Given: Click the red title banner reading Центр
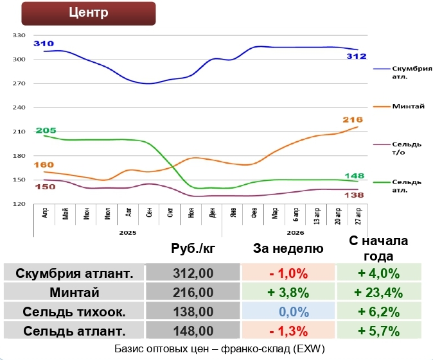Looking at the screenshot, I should click(89, 13).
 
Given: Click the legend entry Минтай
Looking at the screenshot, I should click(408, 106).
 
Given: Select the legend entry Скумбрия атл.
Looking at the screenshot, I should click(412, 72).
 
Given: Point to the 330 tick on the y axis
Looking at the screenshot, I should click(19, 36).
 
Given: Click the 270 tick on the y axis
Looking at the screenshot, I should click(19, 83).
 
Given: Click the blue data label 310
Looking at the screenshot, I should click(44, 44).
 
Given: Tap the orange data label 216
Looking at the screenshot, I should click(353, 119).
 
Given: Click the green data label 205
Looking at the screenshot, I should click(46, 130).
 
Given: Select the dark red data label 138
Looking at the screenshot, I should click(355, 195).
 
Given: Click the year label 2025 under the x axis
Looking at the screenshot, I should click(127, 233).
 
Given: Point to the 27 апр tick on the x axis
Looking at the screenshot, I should click(357, 214).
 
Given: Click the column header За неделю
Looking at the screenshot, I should click(288, 249).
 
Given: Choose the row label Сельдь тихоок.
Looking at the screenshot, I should click(74, 312).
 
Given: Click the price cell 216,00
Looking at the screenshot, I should click(193, 293).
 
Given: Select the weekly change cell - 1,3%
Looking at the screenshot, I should click(288, 331).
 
